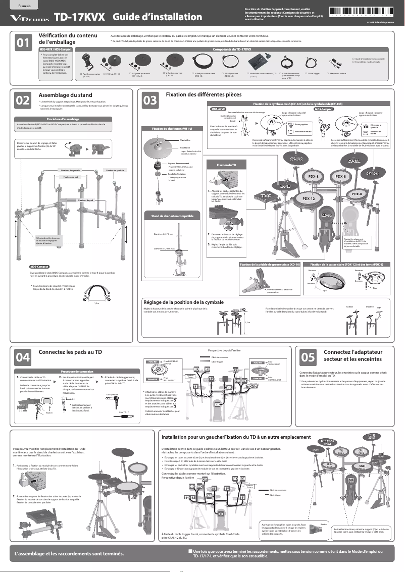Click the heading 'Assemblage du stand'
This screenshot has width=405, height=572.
(65, 94)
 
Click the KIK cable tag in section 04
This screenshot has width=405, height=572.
(217, 404)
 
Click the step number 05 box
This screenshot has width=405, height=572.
(308, 357)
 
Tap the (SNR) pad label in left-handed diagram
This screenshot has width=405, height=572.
(362, 465)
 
